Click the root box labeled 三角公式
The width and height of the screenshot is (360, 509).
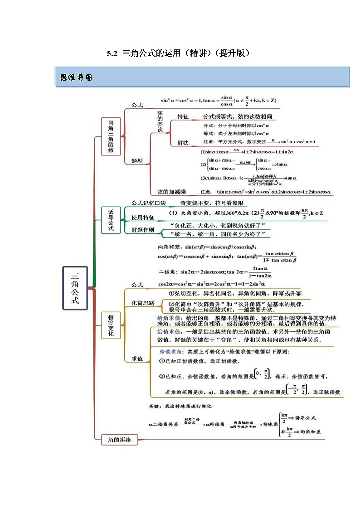(x=75, y=288)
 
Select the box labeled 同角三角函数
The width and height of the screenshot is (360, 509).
(x=111, y=136)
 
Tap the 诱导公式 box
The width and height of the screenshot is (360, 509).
(x=111, y=220)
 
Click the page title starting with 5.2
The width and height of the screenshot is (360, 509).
(x=179, y=53)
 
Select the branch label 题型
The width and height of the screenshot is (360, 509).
(x=137, y=160)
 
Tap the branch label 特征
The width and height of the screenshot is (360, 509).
(x=183, y=116)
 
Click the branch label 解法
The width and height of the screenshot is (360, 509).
(x=183, y=143)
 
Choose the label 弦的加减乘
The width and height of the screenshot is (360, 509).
(x=171, y=192)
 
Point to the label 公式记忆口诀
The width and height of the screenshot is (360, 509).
(x=149, y=203)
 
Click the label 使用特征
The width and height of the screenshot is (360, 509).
(x=143, y=217)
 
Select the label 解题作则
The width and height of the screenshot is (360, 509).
(x=143, y=230)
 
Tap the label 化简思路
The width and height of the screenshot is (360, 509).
(x=143, y=303)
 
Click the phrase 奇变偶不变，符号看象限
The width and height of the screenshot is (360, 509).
(x=213, y=203)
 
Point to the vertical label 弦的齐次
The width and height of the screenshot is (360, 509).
(x=160, y=121)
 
